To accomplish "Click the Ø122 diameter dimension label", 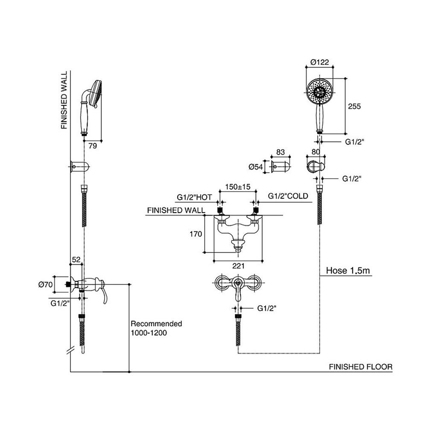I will tap(319, 62).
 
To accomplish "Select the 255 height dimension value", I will tap(354, 106).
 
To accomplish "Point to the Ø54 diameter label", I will tap(255, 167).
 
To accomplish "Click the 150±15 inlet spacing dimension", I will tap(237, 187).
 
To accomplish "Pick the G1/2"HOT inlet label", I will tap(195, 197).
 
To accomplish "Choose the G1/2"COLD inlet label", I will tap(288, 196).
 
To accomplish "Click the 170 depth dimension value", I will tap(195, 234).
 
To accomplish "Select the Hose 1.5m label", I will tap(345, 270).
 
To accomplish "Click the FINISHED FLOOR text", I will tap(360, 367).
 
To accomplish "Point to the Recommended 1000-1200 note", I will tap(156, 328).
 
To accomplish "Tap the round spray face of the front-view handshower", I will tap(319, 90).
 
